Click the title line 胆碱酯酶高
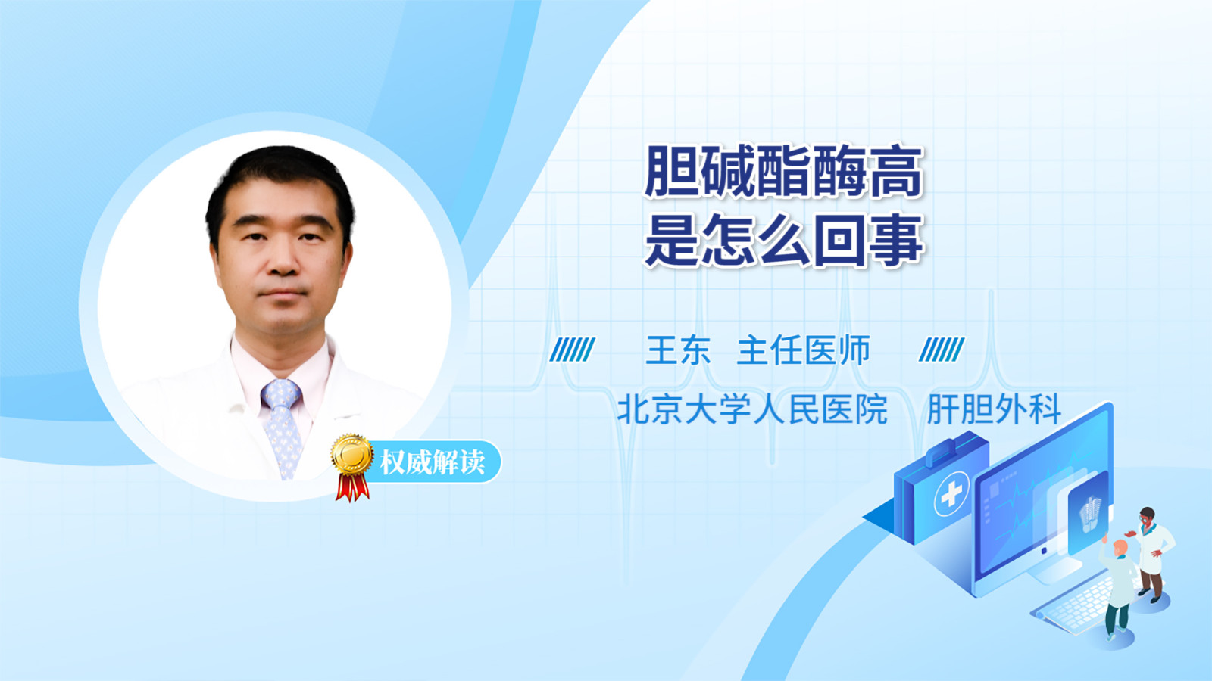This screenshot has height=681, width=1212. coord(783,172)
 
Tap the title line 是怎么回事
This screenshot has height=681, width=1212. coord(784,239)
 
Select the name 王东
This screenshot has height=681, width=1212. coord(678,350)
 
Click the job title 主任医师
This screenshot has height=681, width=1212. coord(804,350)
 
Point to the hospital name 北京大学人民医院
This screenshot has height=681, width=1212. coord(753,409)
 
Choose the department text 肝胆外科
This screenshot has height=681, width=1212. coord(994,409)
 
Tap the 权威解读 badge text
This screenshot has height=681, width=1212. coord(433,462)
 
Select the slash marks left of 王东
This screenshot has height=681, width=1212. coord(572,350)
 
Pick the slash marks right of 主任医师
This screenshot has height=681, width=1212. coord(941,350)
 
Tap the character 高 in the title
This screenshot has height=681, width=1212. coord(895,172)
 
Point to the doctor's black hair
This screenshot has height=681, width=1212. coord(280,184)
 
